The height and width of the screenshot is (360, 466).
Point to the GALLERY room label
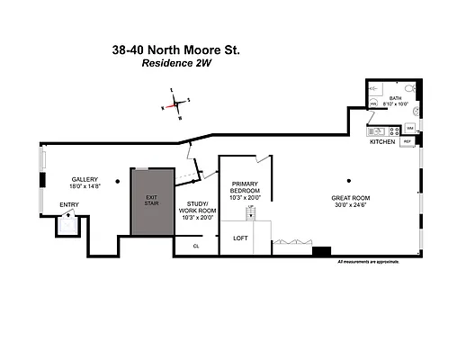(x=85, y=178)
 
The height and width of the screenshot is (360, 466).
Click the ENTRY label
(x=69, y=205)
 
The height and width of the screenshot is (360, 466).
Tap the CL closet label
(x=196, y=244)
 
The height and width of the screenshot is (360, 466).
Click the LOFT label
(x=240, y=238)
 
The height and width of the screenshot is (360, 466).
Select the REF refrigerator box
(x=407, y=142)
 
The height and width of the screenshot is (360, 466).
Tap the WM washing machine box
(x=409, y=128)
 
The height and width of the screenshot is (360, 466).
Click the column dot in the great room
(x=352, y=175)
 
